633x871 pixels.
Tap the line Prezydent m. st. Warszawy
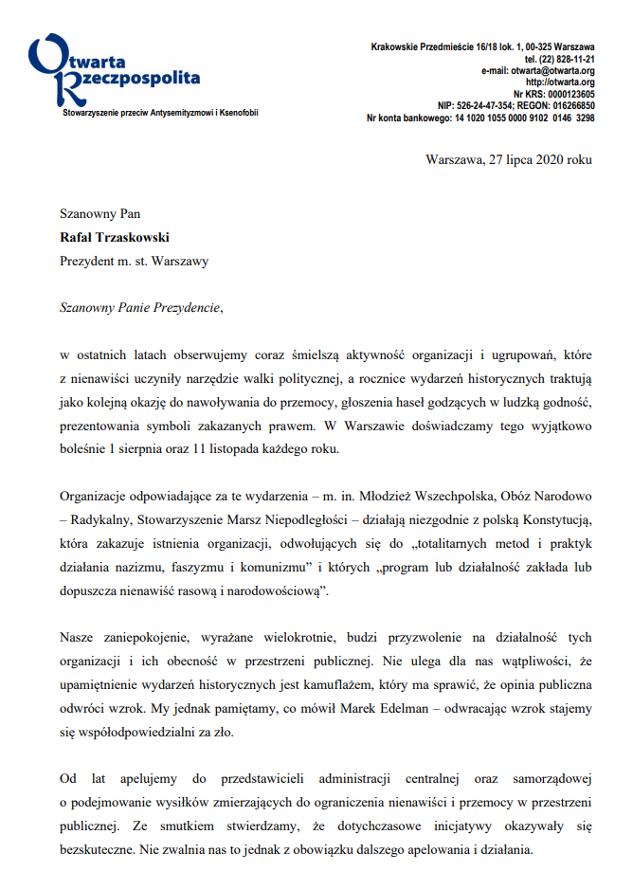click(x=134, y=259)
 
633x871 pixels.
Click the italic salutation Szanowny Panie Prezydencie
click(x=143, y=307)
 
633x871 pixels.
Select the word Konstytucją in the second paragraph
click(x=554, y=519)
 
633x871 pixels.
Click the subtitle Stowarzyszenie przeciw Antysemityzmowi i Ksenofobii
click(x=160, y=113)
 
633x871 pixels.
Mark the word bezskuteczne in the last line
click(x=99, y=848)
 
